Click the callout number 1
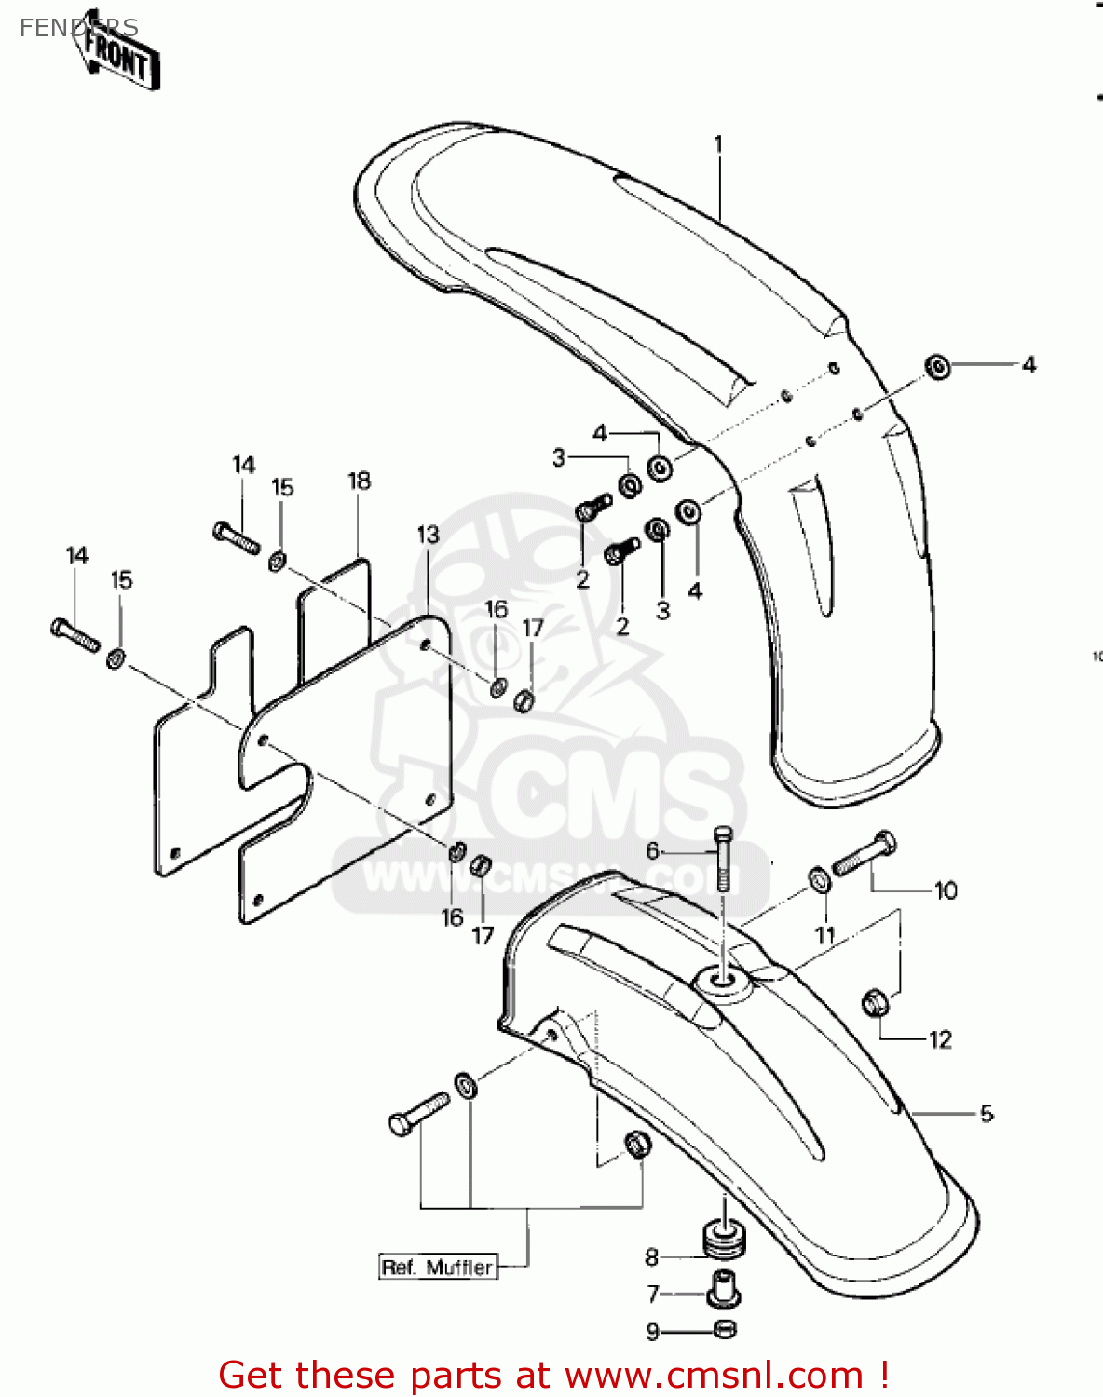[x=718, y=145]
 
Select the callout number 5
[x=987, y=1113]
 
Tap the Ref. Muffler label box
[x=438, y=1268]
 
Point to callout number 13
[x=428, y=535]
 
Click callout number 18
[x=359, y=481]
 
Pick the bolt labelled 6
[x=723, y=857]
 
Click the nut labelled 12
[x=876, y=1003]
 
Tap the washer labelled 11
[x=820, y=878]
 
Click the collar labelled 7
[x=724, y=1290]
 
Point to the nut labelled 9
[x=725, y=1329]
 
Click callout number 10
[x=946, y=891]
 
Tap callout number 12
[x=941, y=1039]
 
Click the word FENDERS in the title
[x=78, y=28]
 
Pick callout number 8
[x=652, y=1257]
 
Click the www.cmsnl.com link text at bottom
[x=714, y=1376]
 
